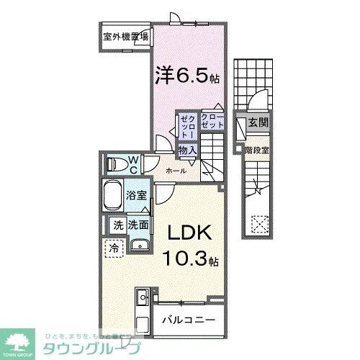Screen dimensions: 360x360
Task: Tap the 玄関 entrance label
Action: [258, 124]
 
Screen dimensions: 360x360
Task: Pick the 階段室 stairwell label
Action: [257, 150]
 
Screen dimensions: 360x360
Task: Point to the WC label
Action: [133, 163]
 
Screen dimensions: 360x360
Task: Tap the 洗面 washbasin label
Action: [138, 225]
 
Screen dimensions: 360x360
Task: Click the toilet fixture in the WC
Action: [115, 164]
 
